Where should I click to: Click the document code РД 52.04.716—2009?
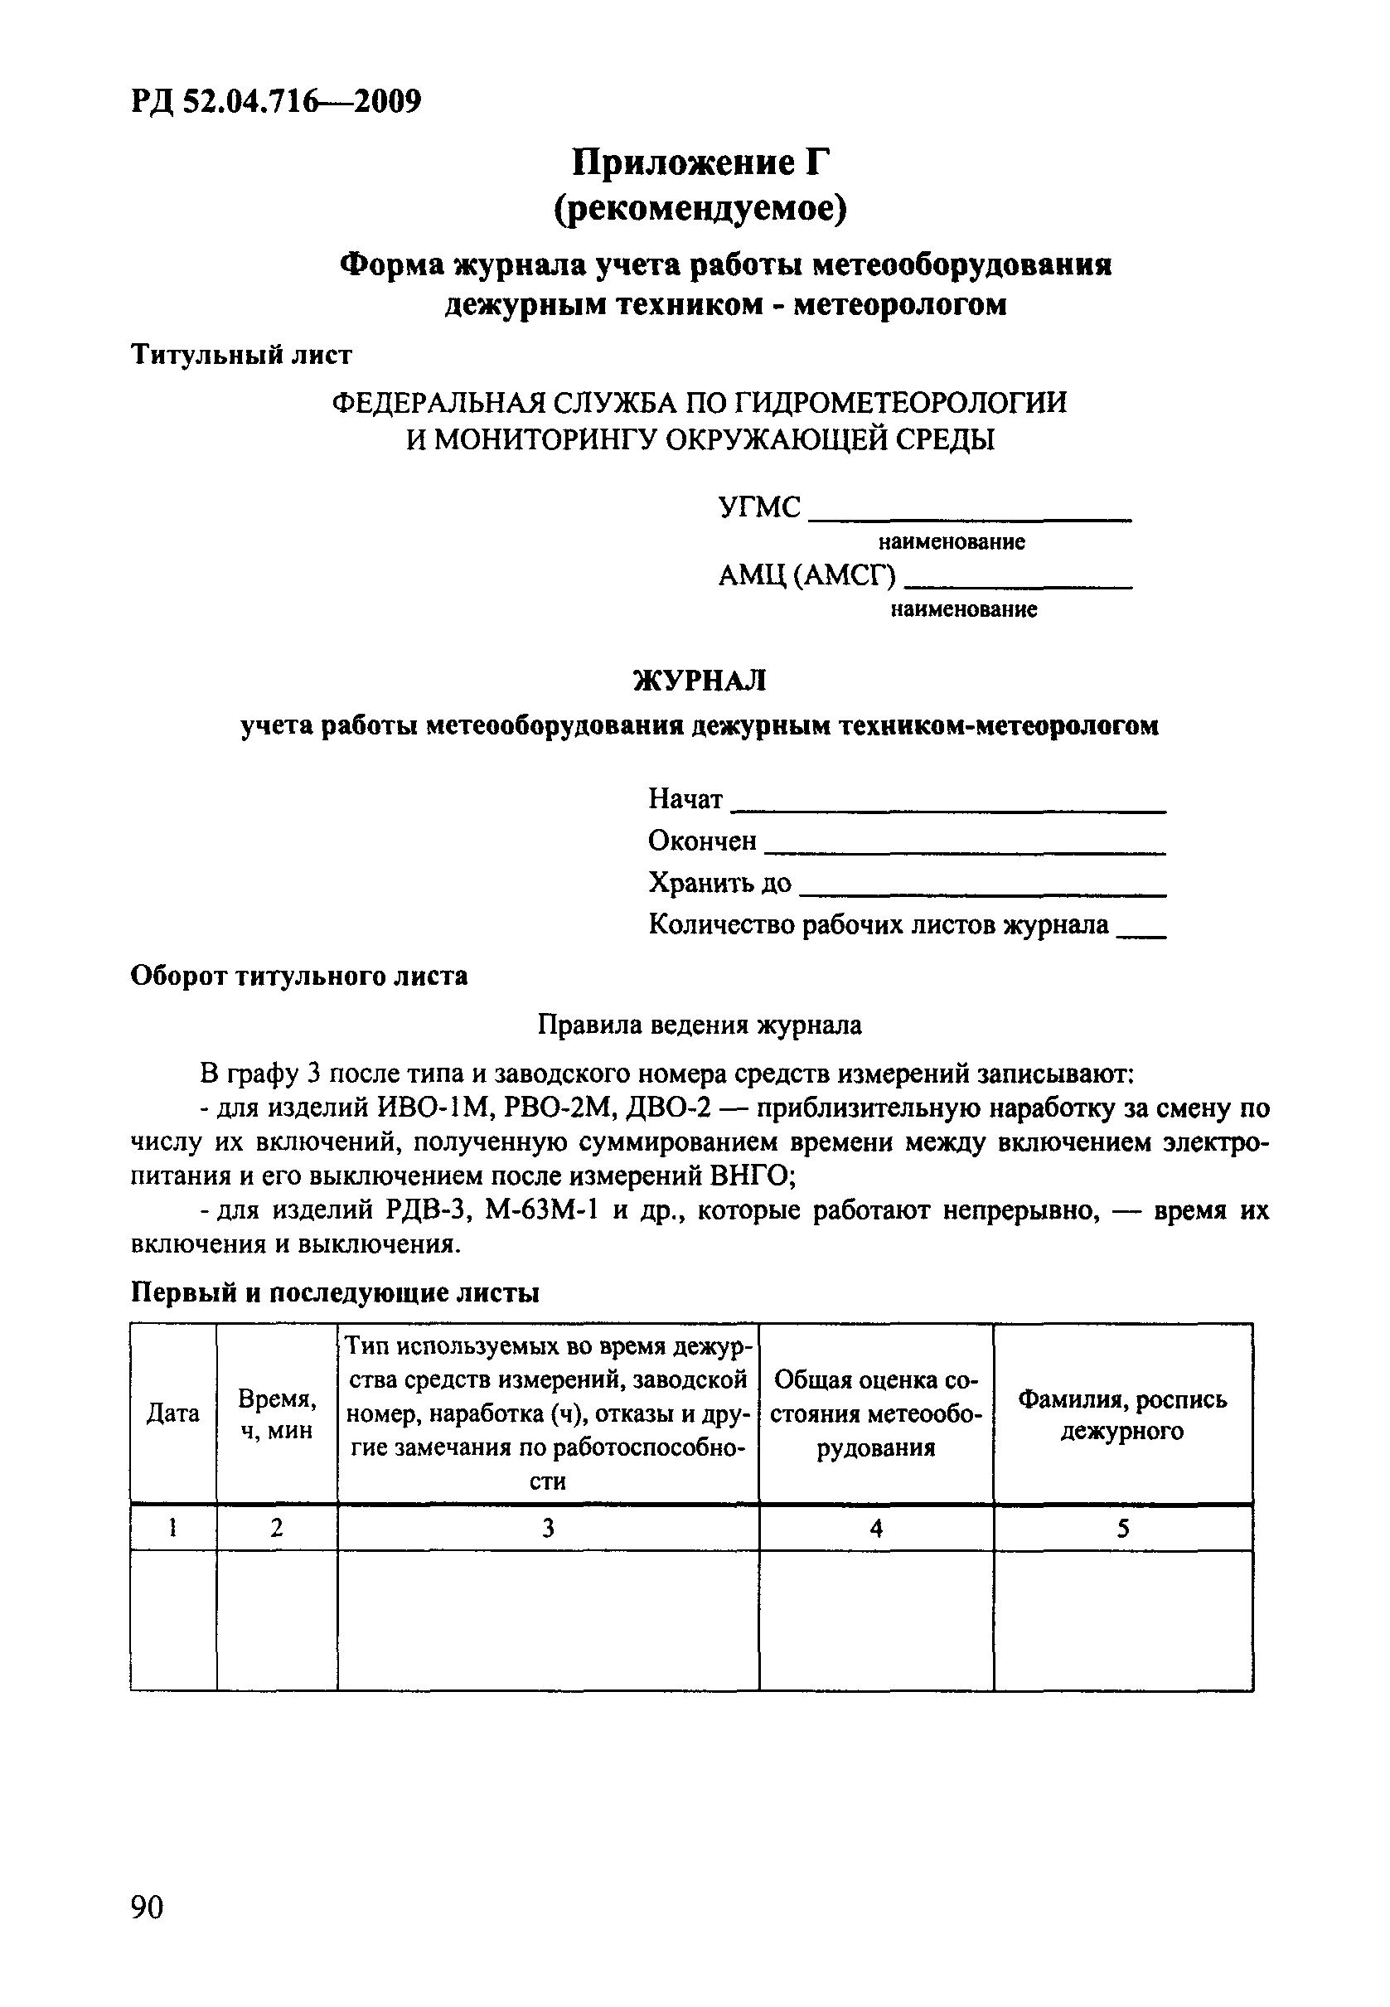276,102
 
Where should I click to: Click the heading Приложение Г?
700,162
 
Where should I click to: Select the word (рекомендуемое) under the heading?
700,209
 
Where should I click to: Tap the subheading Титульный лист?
241,355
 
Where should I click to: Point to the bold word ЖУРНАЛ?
700,681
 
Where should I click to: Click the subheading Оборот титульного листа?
298,976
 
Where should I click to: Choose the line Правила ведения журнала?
700,1025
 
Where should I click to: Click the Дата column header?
172,1413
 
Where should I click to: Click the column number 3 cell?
548,1529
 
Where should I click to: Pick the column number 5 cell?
1122,1529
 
